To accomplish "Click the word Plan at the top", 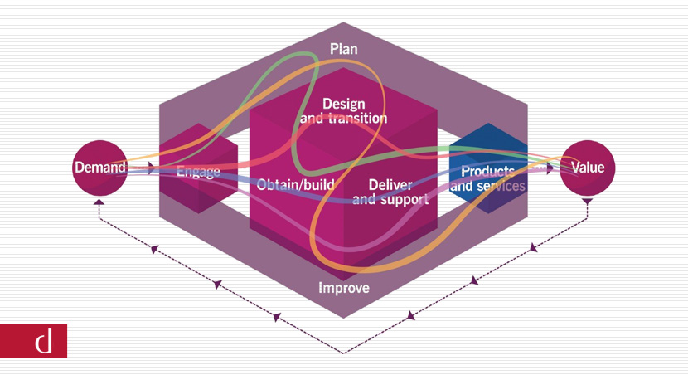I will [343, 49].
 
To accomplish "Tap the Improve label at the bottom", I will [344, 289].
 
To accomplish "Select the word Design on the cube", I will [343, 104].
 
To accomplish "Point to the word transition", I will [356, 118].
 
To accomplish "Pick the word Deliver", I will [389, 184].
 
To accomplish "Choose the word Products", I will [488, 171].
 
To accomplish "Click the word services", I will [500, 186].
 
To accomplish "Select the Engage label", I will [198, 173].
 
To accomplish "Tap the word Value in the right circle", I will [588, 168].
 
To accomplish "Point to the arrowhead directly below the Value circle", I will [588, 202].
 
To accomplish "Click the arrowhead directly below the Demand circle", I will [99, 202].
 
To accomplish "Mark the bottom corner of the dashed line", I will [344, 353].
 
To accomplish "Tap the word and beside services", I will [462, 186].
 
